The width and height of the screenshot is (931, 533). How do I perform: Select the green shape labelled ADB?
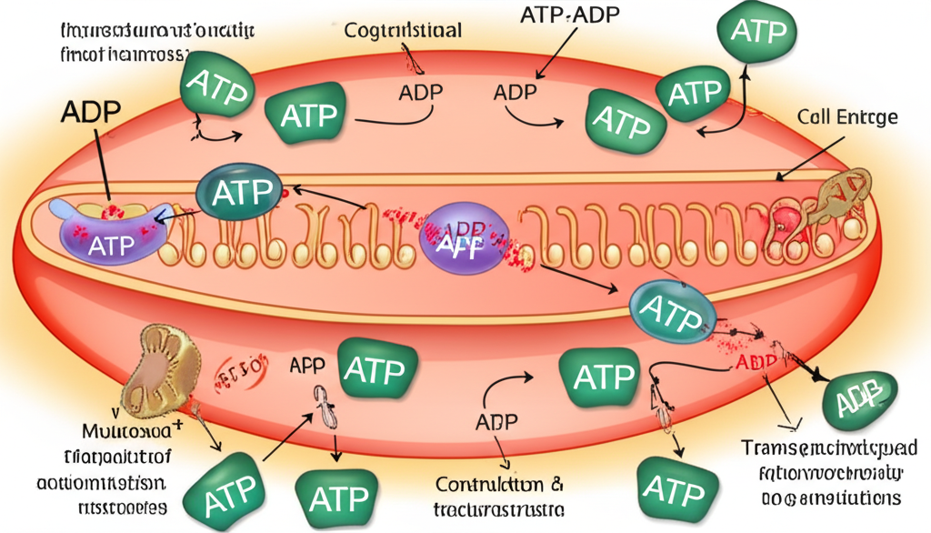coord(859,397)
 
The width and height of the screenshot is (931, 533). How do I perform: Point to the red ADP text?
coord(752,362)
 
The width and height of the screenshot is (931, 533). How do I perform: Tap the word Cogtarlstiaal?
coord(403,31)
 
